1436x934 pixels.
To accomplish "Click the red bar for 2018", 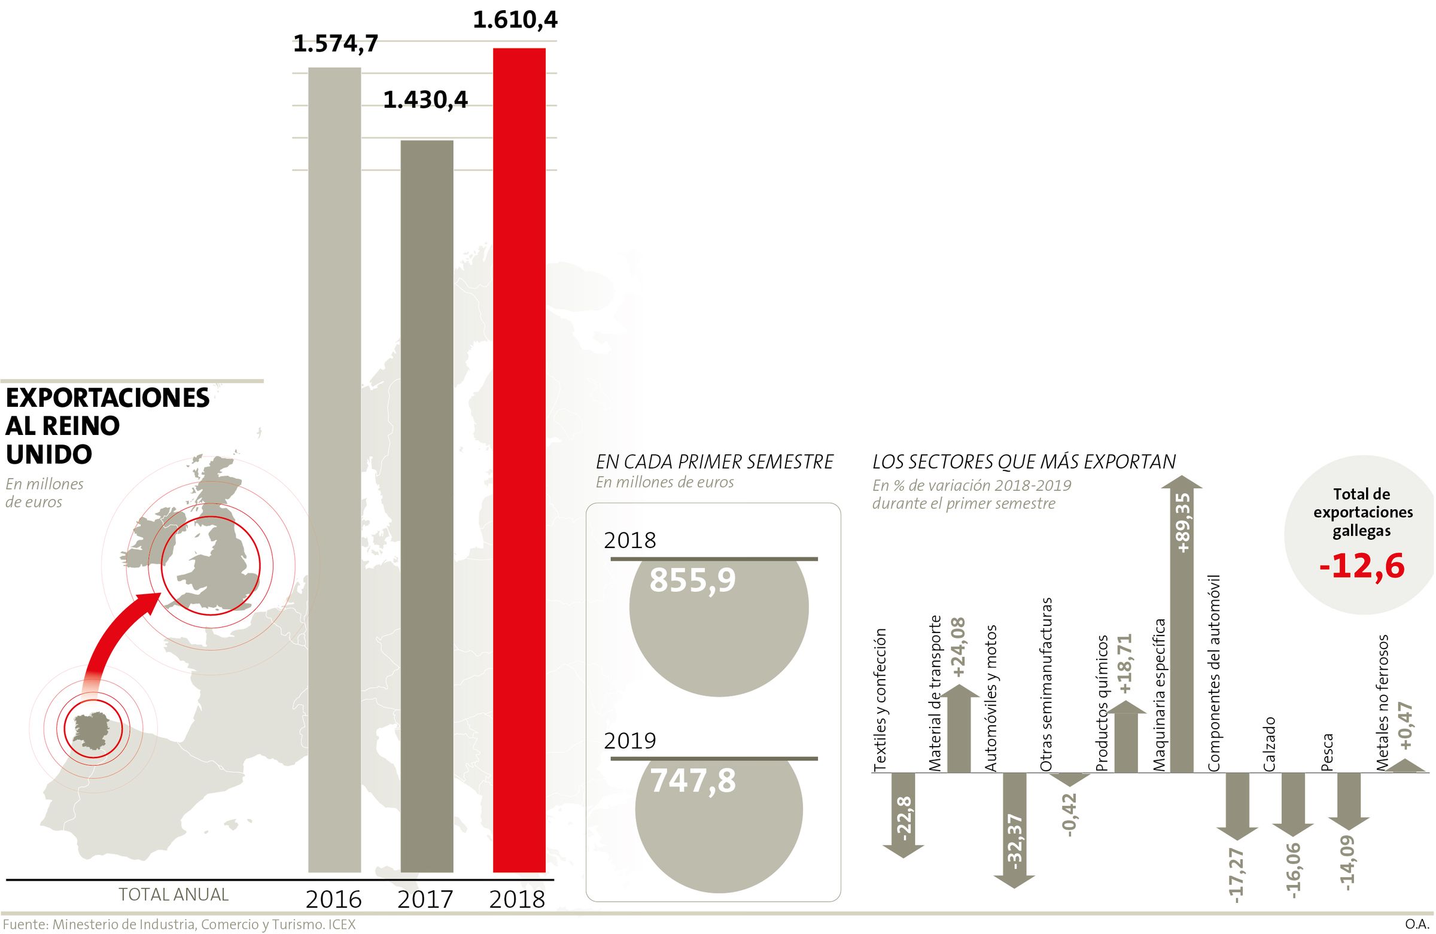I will pyautogui.click(x=519, y=458).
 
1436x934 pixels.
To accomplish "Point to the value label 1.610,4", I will pyautogui.click(x=515, y=20).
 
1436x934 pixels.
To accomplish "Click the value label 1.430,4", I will pyautogui.click(x=425, y=99).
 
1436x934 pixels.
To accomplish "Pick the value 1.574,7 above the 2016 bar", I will pyautogui.click(x=336, y=44).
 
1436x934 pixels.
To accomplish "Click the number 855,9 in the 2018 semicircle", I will pyautogui.click(x=693, y=580).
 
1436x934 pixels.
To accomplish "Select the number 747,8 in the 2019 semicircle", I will pyautogui.click(x=693, y=780).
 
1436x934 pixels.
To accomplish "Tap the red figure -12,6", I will pyautogui.click(x=1362, y=566).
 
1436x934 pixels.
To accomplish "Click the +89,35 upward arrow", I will pyautogui.click(x=1181, y=622).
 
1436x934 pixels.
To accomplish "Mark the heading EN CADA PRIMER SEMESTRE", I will pyautogui.click(x=714, y=462).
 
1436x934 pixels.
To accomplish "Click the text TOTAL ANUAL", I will pyautogui.click(x=174, y=894).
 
